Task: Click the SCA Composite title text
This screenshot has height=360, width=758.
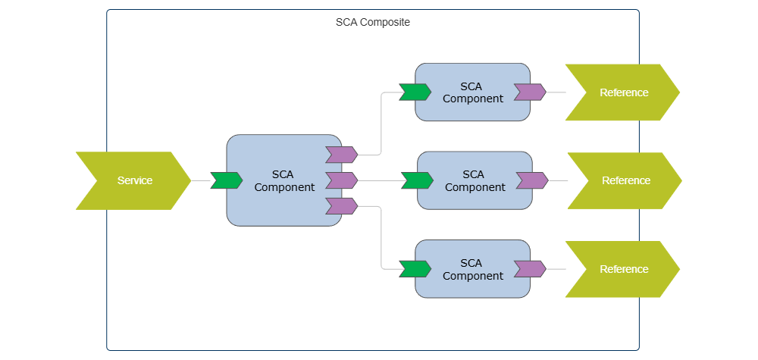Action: (372, 23)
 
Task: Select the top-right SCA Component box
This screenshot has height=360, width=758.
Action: (472, 92)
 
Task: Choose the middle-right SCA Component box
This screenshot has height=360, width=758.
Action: (475, 180)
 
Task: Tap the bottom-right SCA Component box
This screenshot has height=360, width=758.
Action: (472, 269)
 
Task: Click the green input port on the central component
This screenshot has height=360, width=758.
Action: (226, 180)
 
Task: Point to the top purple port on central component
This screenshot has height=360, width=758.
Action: (341, 155)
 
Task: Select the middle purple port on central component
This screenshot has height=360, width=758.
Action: (341, 180)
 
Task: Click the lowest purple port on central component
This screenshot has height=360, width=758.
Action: (341, 205)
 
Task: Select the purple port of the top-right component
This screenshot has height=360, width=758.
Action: (530, 92)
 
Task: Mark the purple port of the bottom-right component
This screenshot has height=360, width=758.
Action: (530, 269)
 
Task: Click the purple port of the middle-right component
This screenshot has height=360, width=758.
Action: (532, 180)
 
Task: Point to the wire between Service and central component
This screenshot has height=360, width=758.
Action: (201, 180)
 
